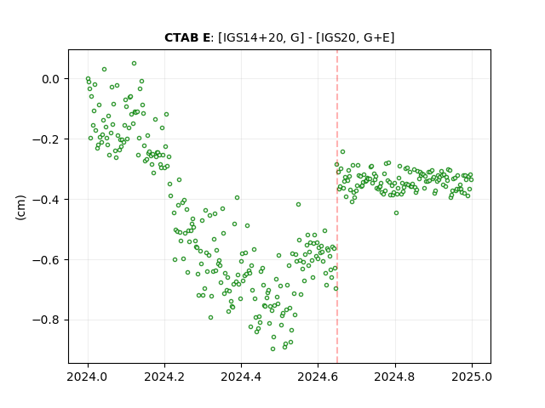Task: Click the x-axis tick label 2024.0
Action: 88,377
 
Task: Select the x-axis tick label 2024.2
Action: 164,377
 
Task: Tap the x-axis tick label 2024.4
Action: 241,377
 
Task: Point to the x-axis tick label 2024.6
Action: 318,377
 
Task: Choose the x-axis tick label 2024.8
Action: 394,377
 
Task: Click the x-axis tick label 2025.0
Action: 472,377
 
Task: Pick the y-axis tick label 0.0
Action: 51,79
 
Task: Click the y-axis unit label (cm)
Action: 20,207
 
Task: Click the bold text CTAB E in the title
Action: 187,37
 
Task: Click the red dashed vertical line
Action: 337,207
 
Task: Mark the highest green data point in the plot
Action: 135,64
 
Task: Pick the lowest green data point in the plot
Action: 272,349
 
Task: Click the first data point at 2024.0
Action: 88,79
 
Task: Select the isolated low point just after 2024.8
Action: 396,213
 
